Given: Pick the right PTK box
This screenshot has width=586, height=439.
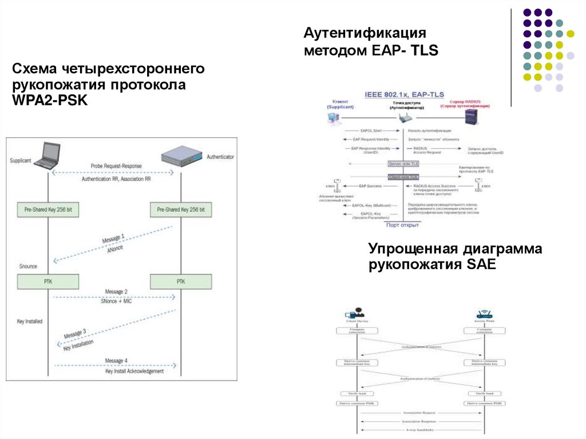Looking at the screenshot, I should (181, 282).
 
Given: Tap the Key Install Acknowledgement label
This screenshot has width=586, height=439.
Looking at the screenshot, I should (134, 371).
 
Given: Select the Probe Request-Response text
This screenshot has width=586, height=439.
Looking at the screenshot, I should (116, 166).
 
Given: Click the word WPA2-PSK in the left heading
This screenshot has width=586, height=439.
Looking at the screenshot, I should (50, 100).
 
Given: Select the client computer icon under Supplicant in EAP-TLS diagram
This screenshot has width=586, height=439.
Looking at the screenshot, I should (333, 118).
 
